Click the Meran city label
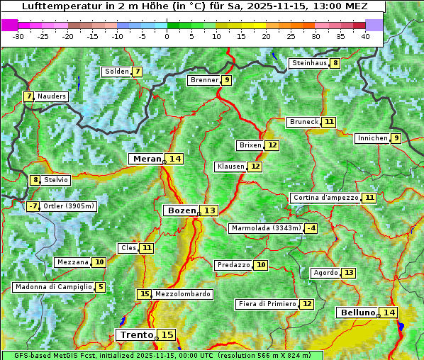click(x=147, y=159)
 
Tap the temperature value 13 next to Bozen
click(x=209, y=210)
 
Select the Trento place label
click(x=136, y=334)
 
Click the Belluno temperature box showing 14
click(x=389, y=313)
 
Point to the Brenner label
click(x=204, y=80)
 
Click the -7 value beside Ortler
click(x=33, y=206)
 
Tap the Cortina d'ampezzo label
click(x=325, y=198)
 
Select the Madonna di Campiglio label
click(x=53, y=287)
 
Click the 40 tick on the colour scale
click(x=365, y=36)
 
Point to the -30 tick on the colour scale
click(x=19, y=36)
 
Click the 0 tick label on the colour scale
click(x=167, y=36)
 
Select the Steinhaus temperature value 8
click(x=335, y=63)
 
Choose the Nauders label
click(x=52, y=96)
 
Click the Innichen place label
click(x=372, y=138)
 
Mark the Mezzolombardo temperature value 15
click(x=144, y=294)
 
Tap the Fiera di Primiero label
click(x=267, y=304)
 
